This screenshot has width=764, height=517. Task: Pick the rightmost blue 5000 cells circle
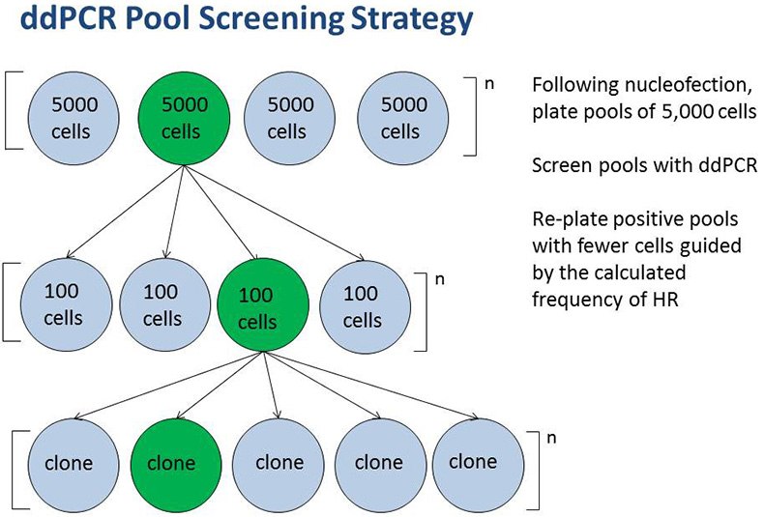402,116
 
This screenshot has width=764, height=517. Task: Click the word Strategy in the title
392,20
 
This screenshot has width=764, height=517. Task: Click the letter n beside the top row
488,83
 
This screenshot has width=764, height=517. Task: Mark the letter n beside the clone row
551,437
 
